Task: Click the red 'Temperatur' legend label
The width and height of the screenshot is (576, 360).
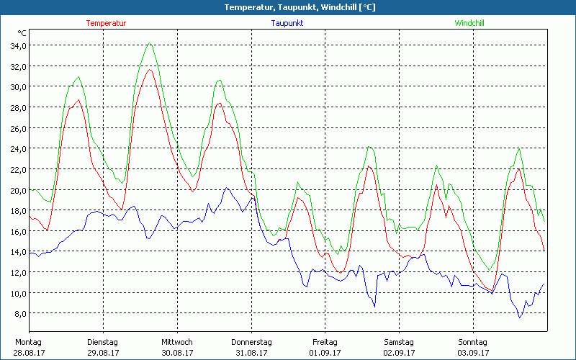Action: pyautogui.click(x=106, y=23)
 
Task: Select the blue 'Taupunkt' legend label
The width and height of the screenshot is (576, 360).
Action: pyautogui.click(x=287, y=23)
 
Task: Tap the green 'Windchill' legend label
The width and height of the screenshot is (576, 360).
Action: pyautogui.click(x=469, y=23)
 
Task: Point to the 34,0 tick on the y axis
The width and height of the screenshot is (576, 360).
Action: pyautogui.click(x=17, y=46)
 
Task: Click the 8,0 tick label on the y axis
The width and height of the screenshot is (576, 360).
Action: pyautogui.click(x=19, y=314)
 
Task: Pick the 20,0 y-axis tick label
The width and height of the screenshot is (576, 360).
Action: pyautogui.click(x=17, y=191)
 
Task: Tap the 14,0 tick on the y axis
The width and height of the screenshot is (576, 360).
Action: pyautogui.click(x=17, y=252)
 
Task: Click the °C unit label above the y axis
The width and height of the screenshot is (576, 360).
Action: pyautogui.click(x=22, y=33)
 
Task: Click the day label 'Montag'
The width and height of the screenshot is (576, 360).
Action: pyautogui.click(x=28, y=342)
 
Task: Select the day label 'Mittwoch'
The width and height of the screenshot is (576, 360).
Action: pyautogui.click(x=176, y=342)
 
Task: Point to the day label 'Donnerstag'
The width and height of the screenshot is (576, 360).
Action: pyautogui.click(x=251, y=342)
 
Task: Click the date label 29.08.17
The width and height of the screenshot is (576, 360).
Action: pyautogui.click(x=103, y=353)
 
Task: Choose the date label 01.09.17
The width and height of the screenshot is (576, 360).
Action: pyautogui.click(x=325, y=353)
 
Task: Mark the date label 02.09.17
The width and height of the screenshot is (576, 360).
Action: pyautogui.click(x=399, y=353)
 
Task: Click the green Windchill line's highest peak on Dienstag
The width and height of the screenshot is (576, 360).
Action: pyautogui.click(x=149, y=43)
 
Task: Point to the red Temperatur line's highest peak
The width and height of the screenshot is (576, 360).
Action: pyautogui.click(x=149, y=70)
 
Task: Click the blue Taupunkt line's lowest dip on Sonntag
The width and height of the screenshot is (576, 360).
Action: pyautogui.click(x=520, y=318)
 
